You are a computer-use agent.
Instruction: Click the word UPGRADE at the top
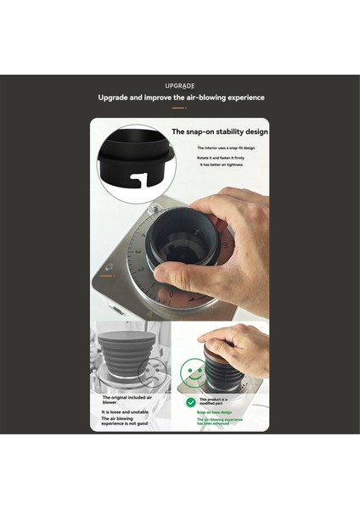(x=180, y=86)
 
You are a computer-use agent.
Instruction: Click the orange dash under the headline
(x=179, y=108)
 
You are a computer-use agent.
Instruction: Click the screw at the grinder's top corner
(x=155, y=208)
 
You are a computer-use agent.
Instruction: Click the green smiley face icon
(x=191, y=370)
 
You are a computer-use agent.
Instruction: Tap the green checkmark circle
(x=191, y=402)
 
